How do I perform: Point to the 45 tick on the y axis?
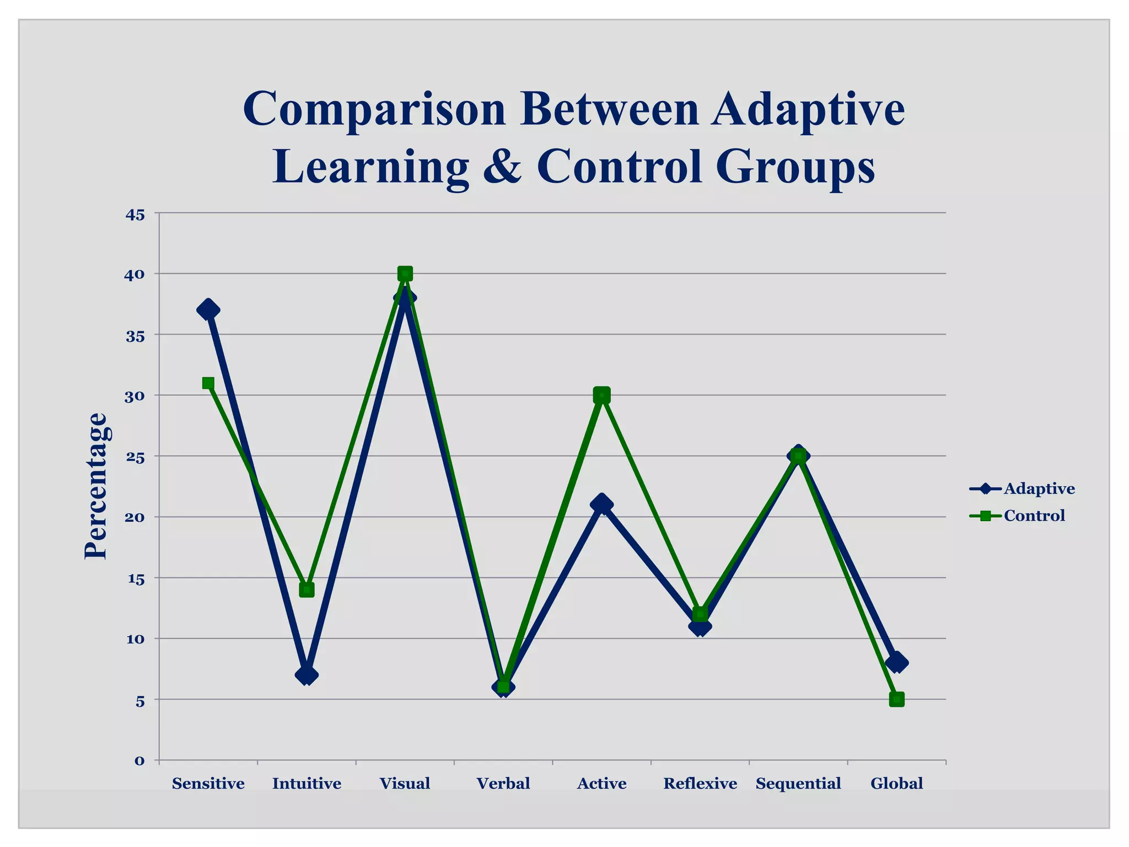pyautogui.click(x=135, y=215)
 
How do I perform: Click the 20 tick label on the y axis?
pyautogui.click(x=135, y=518)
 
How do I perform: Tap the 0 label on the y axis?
pyautogui.click(x=139, y=761)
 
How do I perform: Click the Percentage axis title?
pyautogui.click(x=95, y=486)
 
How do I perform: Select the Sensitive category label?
pyautogui.click(x=208, y=783)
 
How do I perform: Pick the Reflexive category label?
pyautogui.click(x=700, y=783)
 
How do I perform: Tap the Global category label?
pyautogui.click(x=896, y=783)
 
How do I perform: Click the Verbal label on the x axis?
pyautogui.click(x=503, y=783)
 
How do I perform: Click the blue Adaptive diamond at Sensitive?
pyautogui.click(x=208, y=309)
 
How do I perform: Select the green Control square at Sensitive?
pyautogui.click(x=208, y=383)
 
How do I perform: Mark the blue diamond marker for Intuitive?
pyautogui.click(x=307, y=674)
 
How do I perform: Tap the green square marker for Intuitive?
pyautogui.click(x=307, y=589)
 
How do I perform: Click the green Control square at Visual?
pyautogui.click(x=405, y=274)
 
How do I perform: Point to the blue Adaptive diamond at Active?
pyautogui.click(x=601, y=504)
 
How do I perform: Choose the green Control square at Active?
pyautogui.click(x=601, y=395)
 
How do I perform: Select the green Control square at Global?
pyautogui.click(x=897, y=699)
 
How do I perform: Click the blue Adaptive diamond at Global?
pyautogui.click(x=897, y=662)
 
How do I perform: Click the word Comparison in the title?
pyautogui.click(x=374, y=109)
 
